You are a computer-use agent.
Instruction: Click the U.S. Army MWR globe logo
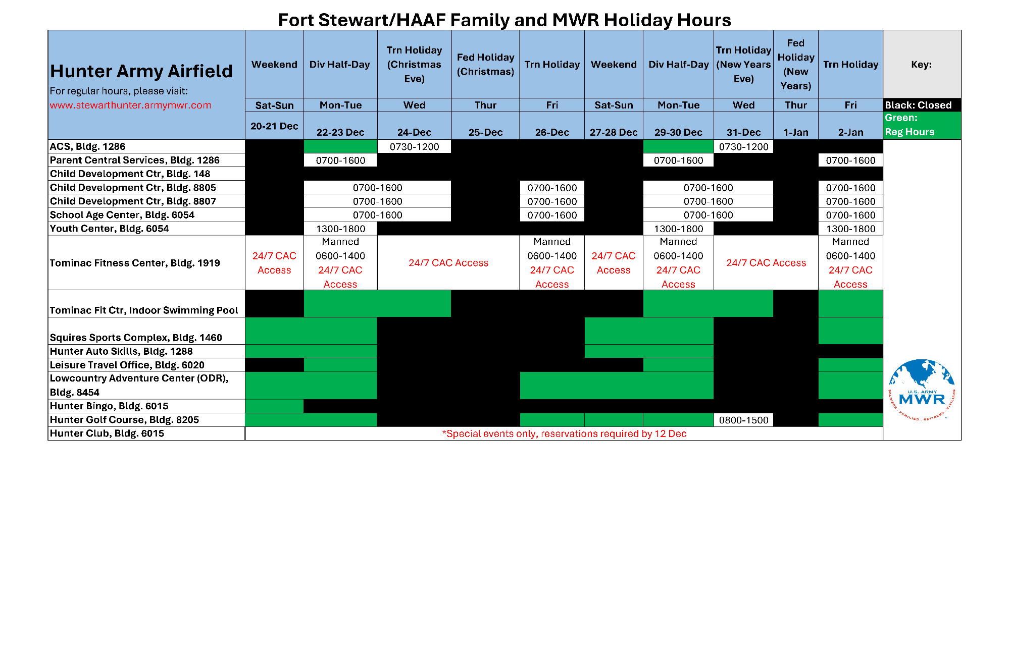[x=922, y=390]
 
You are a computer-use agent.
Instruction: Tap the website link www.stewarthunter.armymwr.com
[x=130, y=105]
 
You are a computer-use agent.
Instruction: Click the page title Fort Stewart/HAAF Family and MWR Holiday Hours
[x=504, y=20]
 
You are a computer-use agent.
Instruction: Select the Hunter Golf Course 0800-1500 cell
[x=743, y=420]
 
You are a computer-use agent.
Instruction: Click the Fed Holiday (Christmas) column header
[x=485, y=65]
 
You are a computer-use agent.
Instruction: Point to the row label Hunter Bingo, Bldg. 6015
[x=109, y=406]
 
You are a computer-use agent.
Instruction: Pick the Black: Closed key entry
[x=922, y=105]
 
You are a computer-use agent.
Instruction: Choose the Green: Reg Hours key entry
[x=922, y=125]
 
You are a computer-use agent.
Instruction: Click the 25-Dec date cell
[x=485, y=132]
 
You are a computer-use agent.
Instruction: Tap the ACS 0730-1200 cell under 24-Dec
[x=414, y=146]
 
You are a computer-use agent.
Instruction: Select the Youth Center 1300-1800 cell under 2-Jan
[x=850, y=229]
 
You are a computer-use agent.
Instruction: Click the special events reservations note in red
[x=564, y=433]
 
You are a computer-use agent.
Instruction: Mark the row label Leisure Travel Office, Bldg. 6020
[x=127, y=365]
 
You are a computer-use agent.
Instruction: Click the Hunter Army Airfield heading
[x=141, y=71]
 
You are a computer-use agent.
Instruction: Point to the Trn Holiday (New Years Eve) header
[x=743, y=65]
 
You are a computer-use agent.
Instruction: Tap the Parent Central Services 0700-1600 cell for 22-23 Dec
[x=340, y=160]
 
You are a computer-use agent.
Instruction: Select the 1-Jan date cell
[x=796, y=132]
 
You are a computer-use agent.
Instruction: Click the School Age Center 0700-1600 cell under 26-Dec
[x=552, y=215]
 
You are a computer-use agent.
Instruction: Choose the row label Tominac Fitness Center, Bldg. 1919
[x=135, y=263]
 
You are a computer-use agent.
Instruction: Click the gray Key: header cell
[x=922, y=64]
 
